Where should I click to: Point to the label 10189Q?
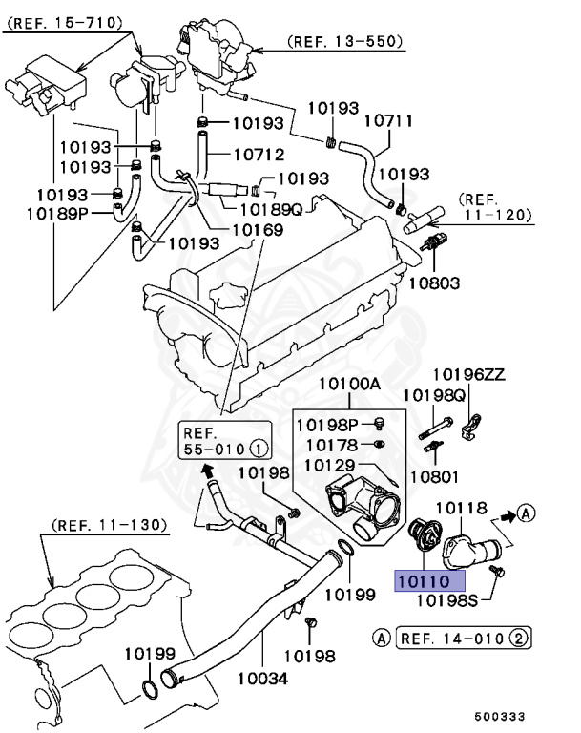(270, 208)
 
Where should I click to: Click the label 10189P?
(56, 212)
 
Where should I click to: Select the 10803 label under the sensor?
(433, 283)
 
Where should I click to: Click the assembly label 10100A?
(348, 385)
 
